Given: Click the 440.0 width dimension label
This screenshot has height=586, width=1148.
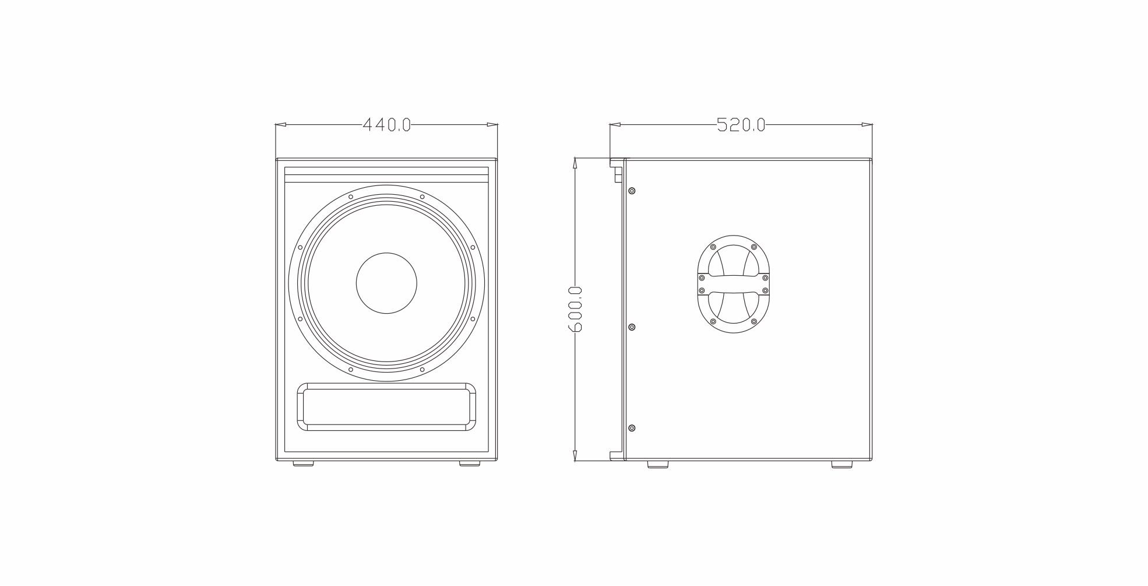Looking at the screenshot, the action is coord(387,125).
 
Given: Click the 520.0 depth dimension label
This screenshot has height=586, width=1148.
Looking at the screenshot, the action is coord(741,125).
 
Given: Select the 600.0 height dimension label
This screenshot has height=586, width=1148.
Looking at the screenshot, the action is coord(575,309).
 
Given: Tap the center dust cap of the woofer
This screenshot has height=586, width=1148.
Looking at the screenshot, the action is coord(386,283).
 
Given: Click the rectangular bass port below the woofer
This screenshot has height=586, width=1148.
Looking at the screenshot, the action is coord(386,407).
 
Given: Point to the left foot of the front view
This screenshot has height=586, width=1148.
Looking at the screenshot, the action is coord(302,464).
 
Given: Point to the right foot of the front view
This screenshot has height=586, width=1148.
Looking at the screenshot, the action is coord(470,464).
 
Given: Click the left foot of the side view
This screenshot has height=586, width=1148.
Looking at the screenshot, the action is coord(658,464).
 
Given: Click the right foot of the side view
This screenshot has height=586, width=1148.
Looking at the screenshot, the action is coord(841,464).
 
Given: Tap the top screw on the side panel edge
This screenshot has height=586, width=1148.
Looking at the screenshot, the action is coord(632,191).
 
